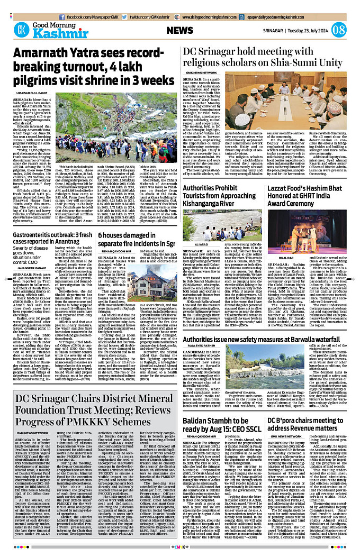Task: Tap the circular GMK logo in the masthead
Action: pyautogui.click(x=22, y=30)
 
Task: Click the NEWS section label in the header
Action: pyautogui.click(x=183, y=30)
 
